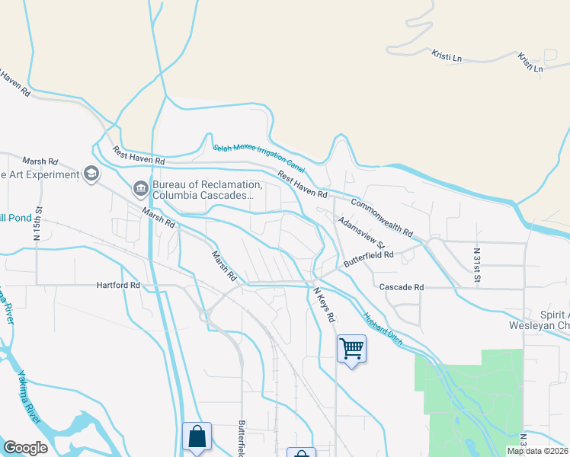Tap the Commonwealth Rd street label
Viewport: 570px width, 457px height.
pyautogui.click(x=381, y=217)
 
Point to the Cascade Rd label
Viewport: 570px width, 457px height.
pyautogui.click(x=401, y=287)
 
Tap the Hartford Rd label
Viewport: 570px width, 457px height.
pyautogui.click(x=118, y=286)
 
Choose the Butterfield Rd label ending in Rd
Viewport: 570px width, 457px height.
pyautogui.click(x=367, y=258)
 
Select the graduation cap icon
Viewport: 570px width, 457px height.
pyautogui.click(x=92, y=174)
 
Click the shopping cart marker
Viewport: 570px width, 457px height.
pyautogui.click(x=351, y=349)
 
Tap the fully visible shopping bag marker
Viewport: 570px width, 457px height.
pyautogui.click(x=197, y=436)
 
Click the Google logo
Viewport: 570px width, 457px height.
pyautogui.click(x=26, y=448)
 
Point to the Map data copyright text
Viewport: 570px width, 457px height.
pyautogui.click(x=537, y=451)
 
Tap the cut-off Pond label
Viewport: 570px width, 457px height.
pyautogui.click(x=14, y=218)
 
